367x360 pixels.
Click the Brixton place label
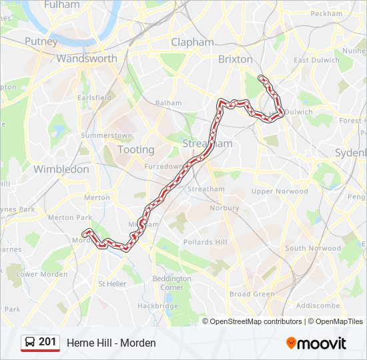click(x=236, y=59)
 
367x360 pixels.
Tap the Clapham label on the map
click(x=192, y=42)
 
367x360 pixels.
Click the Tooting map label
click(x=135, y=149)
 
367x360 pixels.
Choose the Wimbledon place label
click(x=61, y=169)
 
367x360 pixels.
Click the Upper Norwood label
click(x=280, y=191)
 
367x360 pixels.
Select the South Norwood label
click(x=312, y=249)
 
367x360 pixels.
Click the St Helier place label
click(x=112, y=284)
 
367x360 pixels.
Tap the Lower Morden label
click(x=42, y=274)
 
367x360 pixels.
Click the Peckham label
click(x=326, y=13)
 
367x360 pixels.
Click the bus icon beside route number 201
click(x=30, y=342)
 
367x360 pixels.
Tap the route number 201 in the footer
click(x=47, y=342)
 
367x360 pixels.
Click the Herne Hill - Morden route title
click(x=111, y=343)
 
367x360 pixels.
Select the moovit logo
click(x=316, y=343)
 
